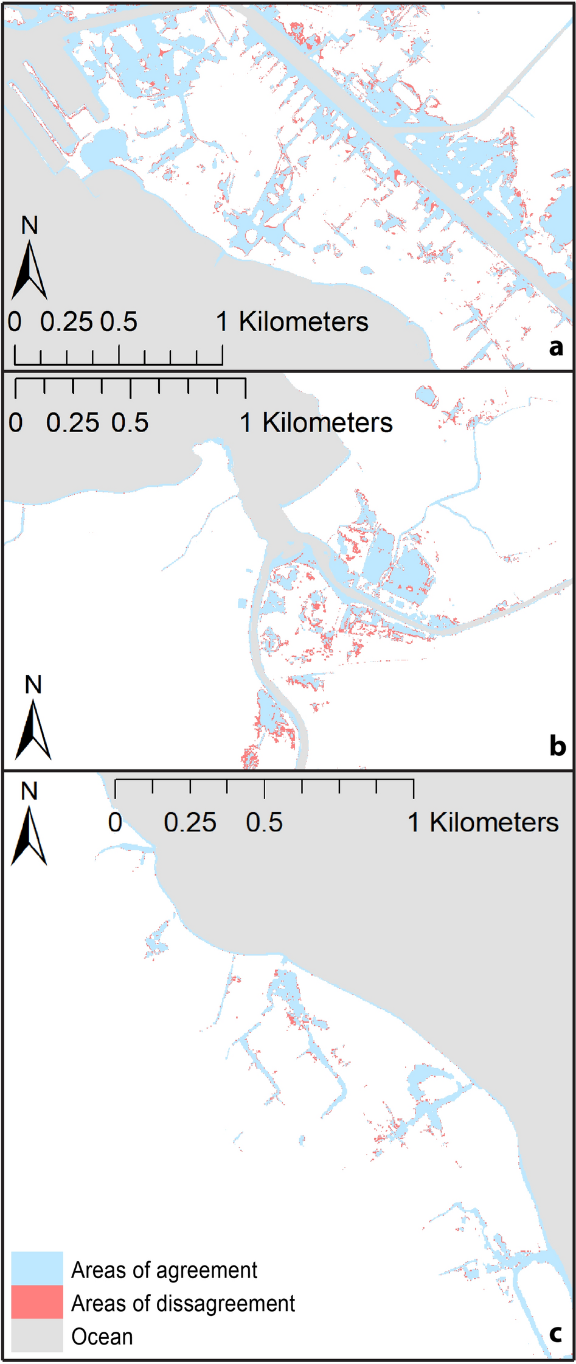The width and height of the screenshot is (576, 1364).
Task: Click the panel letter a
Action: click(x=555, y=347)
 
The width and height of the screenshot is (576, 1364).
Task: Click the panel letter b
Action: click(x=557, y=746)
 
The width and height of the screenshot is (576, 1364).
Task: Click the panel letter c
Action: click(x=555, y=1334)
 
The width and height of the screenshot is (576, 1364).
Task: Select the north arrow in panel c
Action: click(x=29, y=835)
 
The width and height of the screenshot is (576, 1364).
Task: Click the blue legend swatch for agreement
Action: click(x=37, y=1268)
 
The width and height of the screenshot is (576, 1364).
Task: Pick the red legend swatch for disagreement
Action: click(x=37, y=1302)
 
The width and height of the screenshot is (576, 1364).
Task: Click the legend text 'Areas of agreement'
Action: click(x=164, y=1270)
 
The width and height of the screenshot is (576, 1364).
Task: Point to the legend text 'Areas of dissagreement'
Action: click(x=183, y=1303)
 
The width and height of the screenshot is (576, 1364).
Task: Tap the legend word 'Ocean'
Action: click(x=102, y=1337)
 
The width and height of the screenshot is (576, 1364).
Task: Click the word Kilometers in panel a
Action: click(x=303, y=322)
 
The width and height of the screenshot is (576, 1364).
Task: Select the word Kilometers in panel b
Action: click(x=327, y=423)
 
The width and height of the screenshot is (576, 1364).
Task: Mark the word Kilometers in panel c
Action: click(x=494, y=822)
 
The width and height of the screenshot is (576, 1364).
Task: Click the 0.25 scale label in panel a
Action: click(x=66, y=322)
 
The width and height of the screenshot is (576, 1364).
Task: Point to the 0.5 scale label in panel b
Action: click(x=130, y=423)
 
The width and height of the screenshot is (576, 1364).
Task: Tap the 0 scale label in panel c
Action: click(x=115, y=822)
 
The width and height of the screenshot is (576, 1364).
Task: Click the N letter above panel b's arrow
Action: click(x=33, y=685)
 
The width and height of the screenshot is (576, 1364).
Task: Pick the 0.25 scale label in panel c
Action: click(x=190, y=822)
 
